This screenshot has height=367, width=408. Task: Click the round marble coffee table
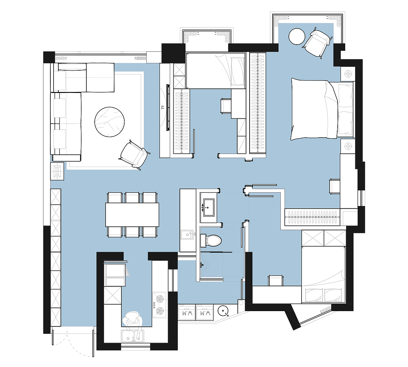pyautogui.click(x=109, y=122)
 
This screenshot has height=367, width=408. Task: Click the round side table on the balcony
pyautogui.click(x=297, y=36)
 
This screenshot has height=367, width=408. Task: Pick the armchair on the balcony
pyautogui.click(x=317, y=43)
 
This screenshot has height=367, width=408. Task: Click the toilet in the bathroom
pyautogui.click(x=211, y=241)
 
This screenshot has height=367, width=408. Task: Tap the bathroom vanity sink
pyautogui.click(x=209, y=208)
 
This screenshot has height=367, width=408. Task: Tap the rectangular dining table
pyautogui.click(x=132, y=215)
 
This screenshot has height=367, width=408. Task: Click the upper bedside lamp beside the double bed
pyautogui.click(x=348, y=74)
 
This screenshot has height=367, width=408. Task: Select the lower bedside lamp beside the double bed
pyautogui.click(x=348, y=146)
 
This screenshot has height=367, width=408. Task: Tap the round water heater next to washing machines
pyautogui.click(x=223, y=311)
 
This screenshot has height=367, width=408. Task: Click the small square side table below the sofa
pyautogui.click(x=57, y=171)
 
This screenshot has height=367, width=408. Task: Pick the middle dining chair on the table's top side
pyautogui.click(x=132, y=197)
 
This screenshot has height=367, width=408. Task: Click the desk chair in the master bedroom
pyautogui.click(x=334, y=186)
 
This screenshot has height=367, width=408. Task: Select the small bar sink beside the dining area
pyautogui.click(x=187, y=235)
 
